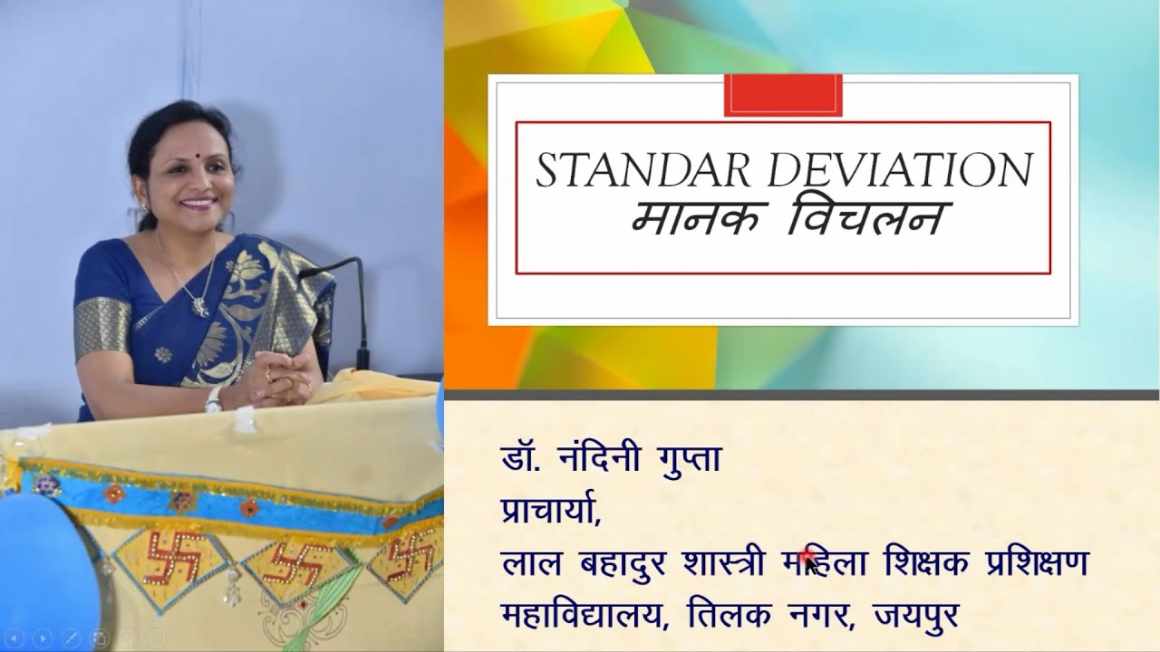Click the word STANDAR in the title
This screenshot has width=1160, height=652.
635,172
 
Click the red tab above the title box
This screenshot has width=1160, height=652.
783,95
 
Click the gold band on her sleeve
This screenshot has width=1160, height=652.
102,326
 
